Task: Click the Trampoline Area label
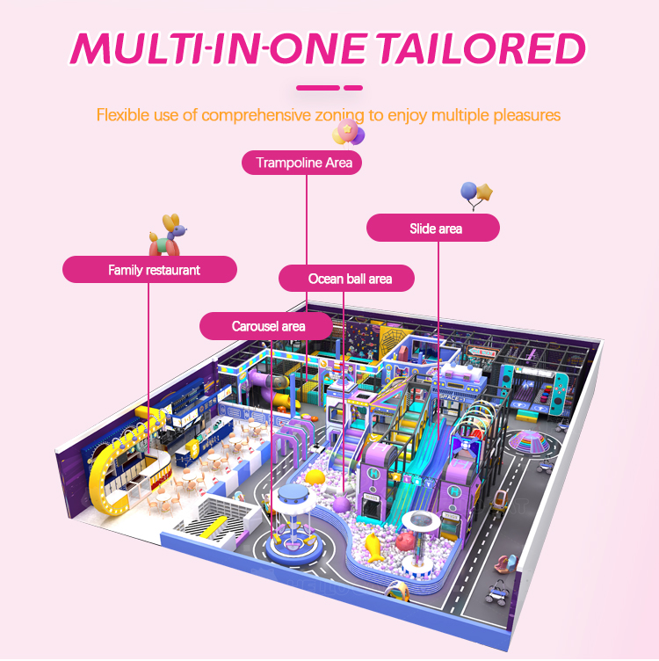click(303, 163)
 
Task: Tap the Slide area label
click(433, 229)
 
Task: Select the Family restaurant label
click(149, 270)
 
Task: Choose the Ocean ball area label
click(348, 279)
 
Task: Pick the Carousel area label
click(268, 326)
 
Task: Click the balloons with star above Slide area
click(476, 194)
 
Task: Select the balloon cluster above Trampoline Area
click(348, 134)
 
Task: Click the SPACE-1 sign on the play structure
click(451, 397)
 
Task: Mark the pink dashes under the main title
click(329, 87)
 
